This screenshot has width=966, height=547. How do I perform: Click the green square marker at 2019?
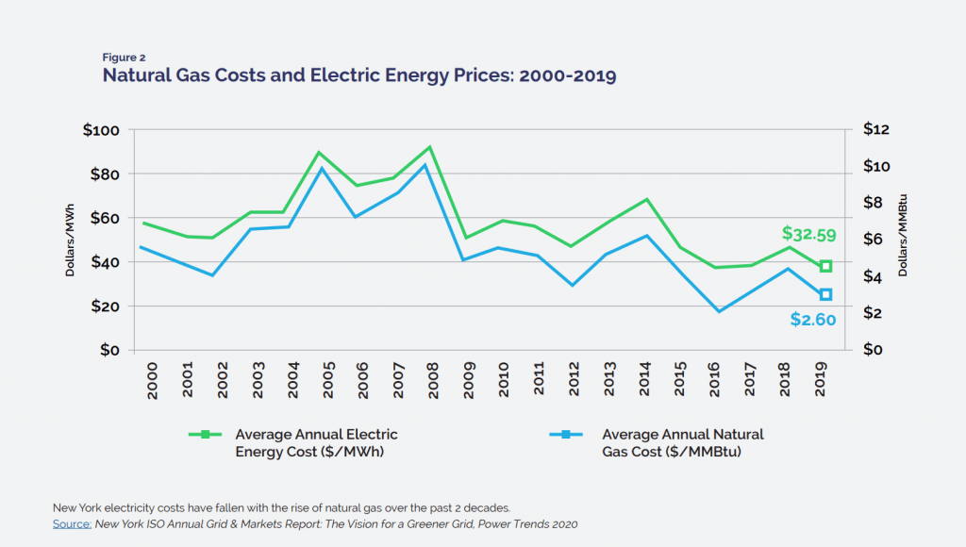[825, 266]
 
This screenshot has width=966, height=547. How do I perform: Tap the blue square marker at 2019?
[825, 295]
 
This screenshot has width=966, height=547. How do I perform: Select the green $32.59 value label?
[808, 234]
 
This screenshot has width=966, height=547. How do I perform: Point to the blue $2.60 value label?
[812, 320]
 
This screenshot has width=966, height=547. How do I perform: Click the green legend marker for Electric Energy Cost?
[205, 435]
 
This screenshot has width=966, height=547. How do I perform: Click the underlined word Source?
[72, 523]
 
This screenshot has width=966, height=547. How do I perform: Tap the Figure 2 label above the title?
[124, 58]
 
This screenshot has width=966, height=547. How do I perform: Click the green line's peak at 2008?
[430, 147]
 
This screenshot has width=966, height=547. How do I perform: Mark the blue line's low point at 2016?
[719, 311]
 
